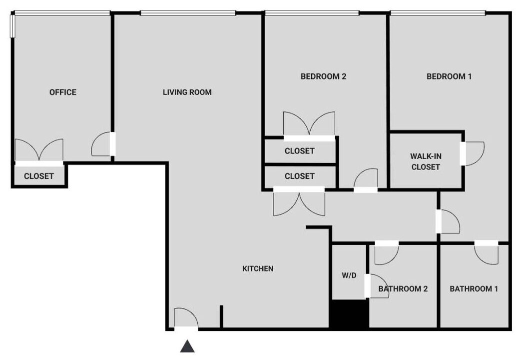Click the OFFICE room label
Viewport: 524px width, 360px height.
click(x=63, y=92)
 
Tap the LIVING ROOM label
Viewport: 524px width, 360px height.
click(x=187, y=92)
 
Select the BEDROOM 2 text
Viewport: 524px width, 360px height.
click(x=324, y=76)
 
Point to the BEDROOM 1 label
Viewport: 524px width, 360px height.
click(x=449, y=76)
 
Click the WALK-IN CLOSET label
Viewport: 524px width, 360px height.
click(x=426, y=161)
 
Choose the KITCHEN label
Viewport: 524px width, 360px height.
click(x=258, y=268)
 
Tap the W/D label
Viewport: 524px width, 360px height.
click(x=349, y=275)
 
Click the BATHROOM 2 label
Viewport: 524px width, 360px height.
click(x=403, y=288)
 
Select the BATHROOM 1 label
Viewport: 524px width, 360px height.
click(x=474, y=288)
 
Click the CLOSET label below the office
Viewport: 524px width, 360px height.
click(x=39, y=176)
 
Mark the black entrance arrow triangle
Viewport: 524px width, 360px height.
click(x=187, y=346)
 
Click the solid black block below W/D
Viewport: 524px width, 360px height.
click(x=350, y=313)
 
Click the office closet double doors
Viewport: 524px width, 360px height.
click(x=39, y=151)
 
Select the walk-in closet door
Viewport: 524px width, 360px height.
click(x=472, y=153)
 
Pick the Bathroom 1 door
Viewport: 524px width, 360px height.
click(x=486, y=252)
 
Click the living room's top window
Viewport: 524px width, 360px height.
click(x=188, y=13)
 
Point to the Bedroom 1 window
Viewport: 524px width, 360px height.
click(x=438, y=13)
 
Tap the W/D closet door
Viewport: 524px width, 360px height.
click(x=377, y=286)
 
